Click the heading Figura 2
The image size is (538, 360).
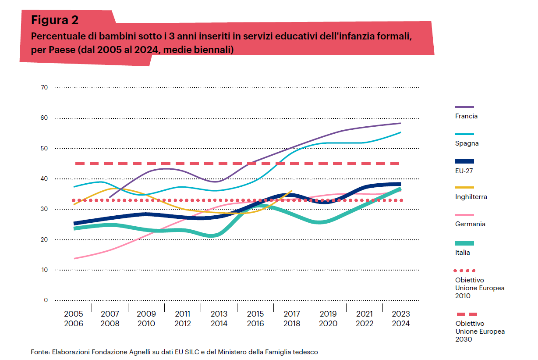click(x=55, y=20)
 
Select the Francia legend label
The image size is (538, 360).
click(x=466, y=116)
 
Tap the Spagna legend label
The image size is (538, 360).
click(x=467, y=143)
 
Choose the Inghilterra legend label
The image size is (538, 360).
click(x=471, y=197)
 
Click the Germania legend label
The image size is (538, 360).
click(x=470, y=224)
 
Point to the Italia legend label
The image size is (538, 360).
click(x=462, y=252)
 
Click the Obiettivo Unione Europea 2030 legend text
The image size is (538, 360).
click(x=480, y=331)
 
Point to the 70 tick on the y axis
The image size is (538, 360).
click(x=44, y=88)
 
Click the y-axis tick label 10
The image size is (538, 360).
click(x=44, y=270)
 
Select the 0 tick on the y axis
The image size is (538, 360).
click(x=46, y=300)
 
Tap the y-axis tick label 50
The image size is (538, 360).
click(x=44, y=149)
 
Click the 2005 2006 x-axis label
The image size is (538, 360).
click(x=73, y=319)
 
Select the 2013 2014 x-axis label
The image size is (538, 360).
click(x=219, y=319)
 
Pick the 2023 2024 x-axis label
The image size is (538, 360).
click(x=400, y=319)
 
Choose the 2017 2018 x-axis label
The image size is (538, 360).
click(x=291, y=319)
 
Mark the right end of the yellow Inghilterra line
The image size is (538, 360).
click(x=292, y=191)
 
